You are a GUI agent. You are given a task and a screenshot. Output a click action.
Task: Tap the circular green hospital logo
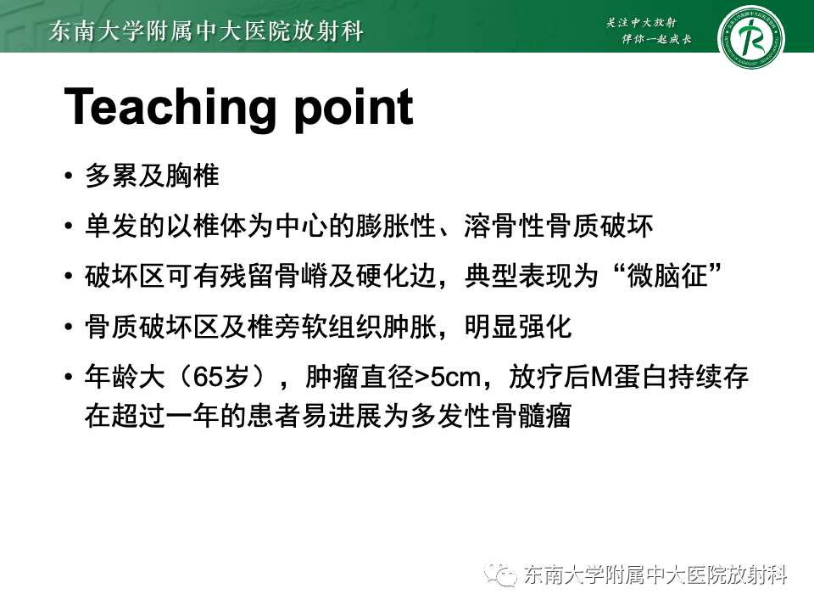point(750,39)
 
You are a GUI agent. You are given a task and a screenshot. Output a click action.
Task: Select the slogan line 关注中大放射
point(646,22)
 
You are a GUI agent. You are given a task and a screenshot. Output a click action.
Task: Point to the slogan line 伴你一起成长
point(656,40)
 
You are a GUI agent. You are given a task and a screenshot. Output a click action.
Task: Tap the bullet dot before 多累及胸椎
point(69,177)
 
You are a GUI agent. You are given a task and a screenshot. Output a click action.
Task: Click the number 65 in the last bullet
point(209,377)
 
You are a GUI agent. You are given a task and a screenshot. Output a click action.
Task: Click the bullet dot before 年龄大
point(69,377)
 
